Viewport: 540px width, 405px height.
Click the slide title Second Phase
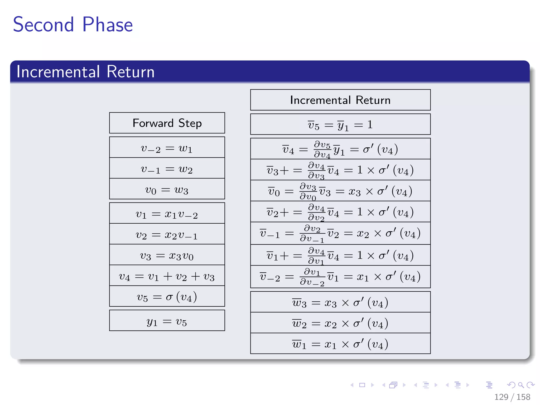73,25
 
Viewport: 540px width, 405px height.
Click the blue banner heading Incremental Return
85,72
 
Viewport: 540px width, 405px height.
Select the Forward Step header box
167,123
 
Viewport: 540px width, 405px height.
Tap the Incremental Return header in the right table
340,100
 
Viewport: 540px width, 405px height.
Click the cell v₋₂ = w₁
167,148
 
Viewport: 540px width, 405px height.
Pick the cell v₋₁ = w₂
167,169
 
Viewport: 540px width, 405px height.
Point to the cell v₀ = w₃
167,190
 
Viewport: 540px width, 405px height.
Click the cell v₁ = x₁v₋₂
167,214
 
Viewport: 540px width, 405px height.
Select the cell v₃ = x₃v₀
167,255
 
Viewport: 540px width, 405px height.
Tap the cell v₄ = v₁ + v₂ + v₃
167,276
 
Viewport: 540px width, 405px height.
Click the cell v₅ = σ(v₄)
167,297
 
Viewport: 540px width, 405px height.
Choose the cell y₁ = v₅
167,321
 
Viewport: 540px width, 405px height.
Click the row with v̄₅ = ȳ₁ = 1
340,124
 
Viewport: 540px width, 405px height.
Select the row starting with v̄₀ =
340,191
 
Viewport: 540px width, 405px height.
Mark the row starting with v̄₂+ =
340,212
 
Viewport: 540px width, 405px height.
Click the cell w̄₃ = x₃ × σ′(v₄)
340,302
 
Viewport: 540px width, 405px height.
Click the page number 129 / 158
512,397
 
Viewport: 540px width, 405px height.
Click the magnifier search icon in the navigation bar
521,385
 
